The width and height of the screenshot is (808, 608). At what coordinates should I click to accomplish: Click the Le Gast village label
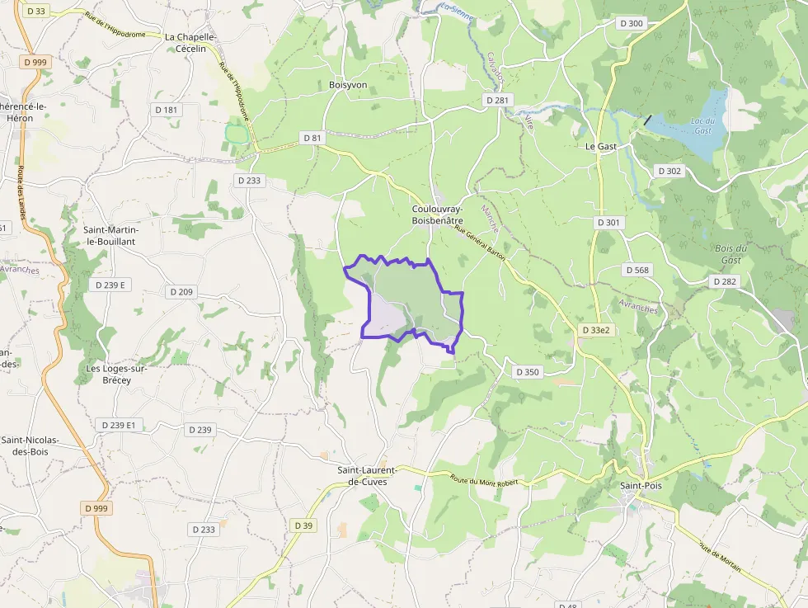[601, 146]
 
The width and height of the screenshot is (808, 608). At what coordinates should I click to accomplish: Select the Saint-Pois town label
[641, 486]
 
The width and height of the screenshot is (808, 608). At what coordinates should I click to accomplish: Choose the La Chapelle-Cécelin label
[190, 43]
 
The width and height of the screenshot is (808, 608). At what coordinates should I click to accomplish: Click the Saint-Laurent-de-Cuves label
[367, 476]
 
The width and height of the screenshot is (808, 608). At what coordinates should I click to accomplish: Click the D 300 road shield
[631, 24]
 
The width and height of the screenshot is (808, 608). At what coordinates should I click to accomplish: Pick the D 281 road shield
[498, 100]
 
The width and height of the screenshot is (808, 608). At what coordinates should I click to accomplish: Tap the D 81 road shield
[311, 138]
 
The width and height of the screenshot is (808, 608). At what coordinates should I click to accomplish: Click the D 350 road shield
[527, 372]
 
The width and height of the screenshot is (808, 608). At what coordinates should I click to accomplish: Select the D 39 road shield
[303, 526]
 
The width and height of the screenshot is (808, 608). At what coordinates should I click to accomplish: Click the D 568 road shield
[637, 270]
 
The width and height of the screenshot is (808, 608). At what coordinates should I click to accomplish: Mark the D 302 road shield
[670, 171]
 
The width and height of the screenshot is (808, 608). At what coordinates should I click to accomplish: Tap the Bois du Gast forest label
[730, 254]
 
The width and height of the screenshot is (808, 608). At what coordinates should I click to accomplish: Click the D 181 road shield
[166, 110]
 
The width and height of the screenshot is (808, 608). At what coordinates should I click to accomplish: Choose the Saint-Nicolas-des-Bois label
[29, 445]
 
